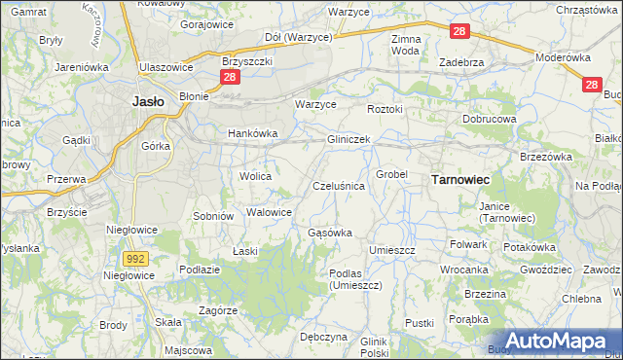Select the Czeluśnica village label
[x=339, y=185]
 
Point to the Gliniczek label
[x=348, y=140]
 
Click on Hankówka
[x=253, y=133]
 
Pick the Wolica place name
[x=254, y=176]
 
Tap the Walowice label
[x=270, y=211]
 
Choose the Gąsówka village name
[x=329, y=233]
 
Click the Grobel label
[x=391, y=174]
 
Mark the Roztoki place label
[x=385, y=109]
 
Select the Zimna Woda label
[x=405, y=45]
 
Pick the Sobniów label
[x=213, y=215]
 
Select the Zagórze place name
[x=219, y=310]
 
